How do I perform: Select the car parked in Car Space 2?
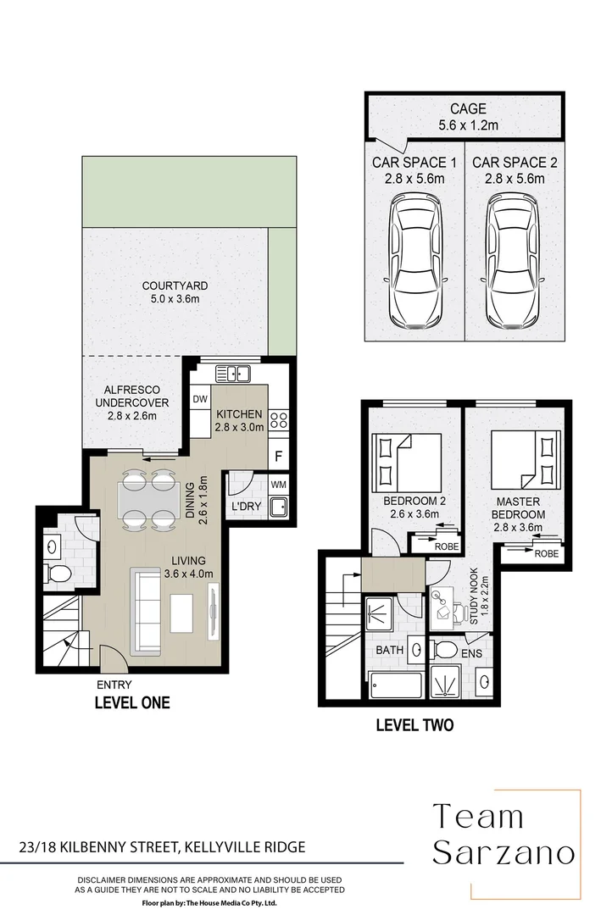(512, 262)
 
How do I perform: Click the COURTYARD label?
(175, 286)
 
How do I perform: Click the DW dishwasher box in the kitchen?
(200, 398)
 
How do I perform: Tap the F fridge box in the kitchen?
(278, 456)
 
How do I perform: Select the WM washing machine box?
(278, 484)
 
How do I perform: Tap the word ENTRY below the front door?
(114, 685)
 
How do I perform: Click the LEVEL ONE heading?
(131, 702)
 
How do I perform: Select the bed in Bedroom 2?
(406, 462)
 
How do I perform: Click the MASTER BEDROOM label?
(520, 507)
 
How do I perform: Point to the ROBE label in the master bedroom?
(546, 553)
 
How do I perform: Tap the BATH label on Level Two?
(389, 651)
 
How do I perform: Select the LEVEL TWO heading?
(414, 724)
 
